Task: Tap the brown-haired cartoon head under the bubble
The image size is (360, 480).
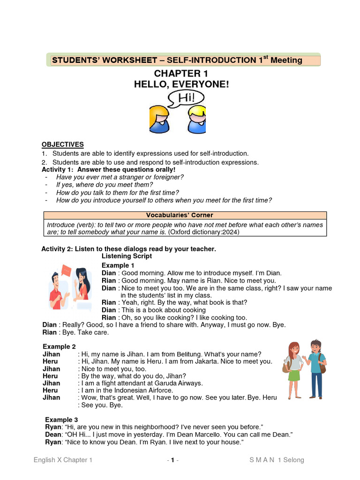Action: [x=159, y=120]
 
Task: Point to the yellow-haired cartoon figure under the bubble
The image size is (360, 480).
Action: [x=196, y=121]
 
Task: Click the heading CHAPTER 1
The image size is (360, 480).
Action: [x=181, y=74]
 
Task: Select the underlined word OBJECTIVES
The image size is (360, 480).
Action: [x=62, y=144]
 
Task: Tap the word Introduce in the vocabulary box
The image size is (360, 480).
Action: [x=61, y=225]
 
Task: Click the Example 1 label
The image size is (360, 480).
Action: [x=118, y=265]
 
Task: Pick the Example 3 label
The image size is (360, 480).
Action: [x=61, y=420]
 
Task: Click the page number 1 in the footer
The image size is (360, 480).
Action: [x=172, y=460]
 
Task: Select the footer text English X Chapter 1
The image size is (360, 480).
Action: [x=63, y=460]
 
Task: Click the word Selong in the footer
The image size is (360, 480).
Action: [x=293, y=460]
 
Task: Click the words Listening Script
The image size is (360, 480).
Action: [x=127, y=256]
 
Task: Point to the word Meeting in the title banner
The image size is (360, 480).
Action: [x=286, y=60]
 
